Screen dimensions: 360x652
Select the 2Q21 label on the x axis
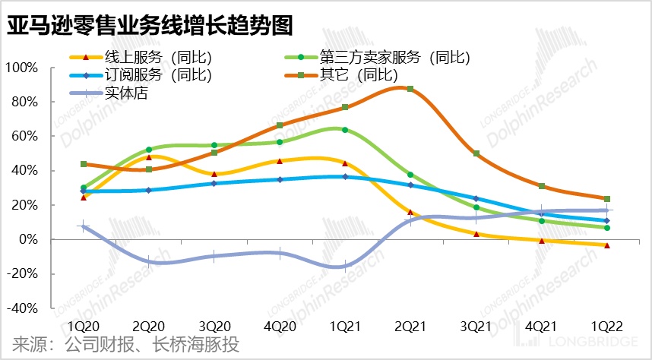[x=410, y=326]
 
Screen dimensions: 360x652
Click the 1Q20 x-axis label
[x=83, y=326]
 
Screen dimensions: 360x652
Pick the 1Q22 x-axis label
[x=606, y=326]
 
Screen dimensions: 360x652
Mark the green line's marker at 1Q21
[x=345, y=130]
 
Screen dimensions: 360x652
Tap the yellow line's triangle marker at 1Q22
[x=606, y=245]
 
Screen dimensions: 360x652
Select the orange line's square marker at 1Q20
[x=83, y=164]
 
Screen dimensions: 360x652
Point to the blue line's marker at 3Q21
[x=476, y=198]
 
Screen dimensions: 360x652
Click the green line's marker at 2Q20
[x=148, y=150]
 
